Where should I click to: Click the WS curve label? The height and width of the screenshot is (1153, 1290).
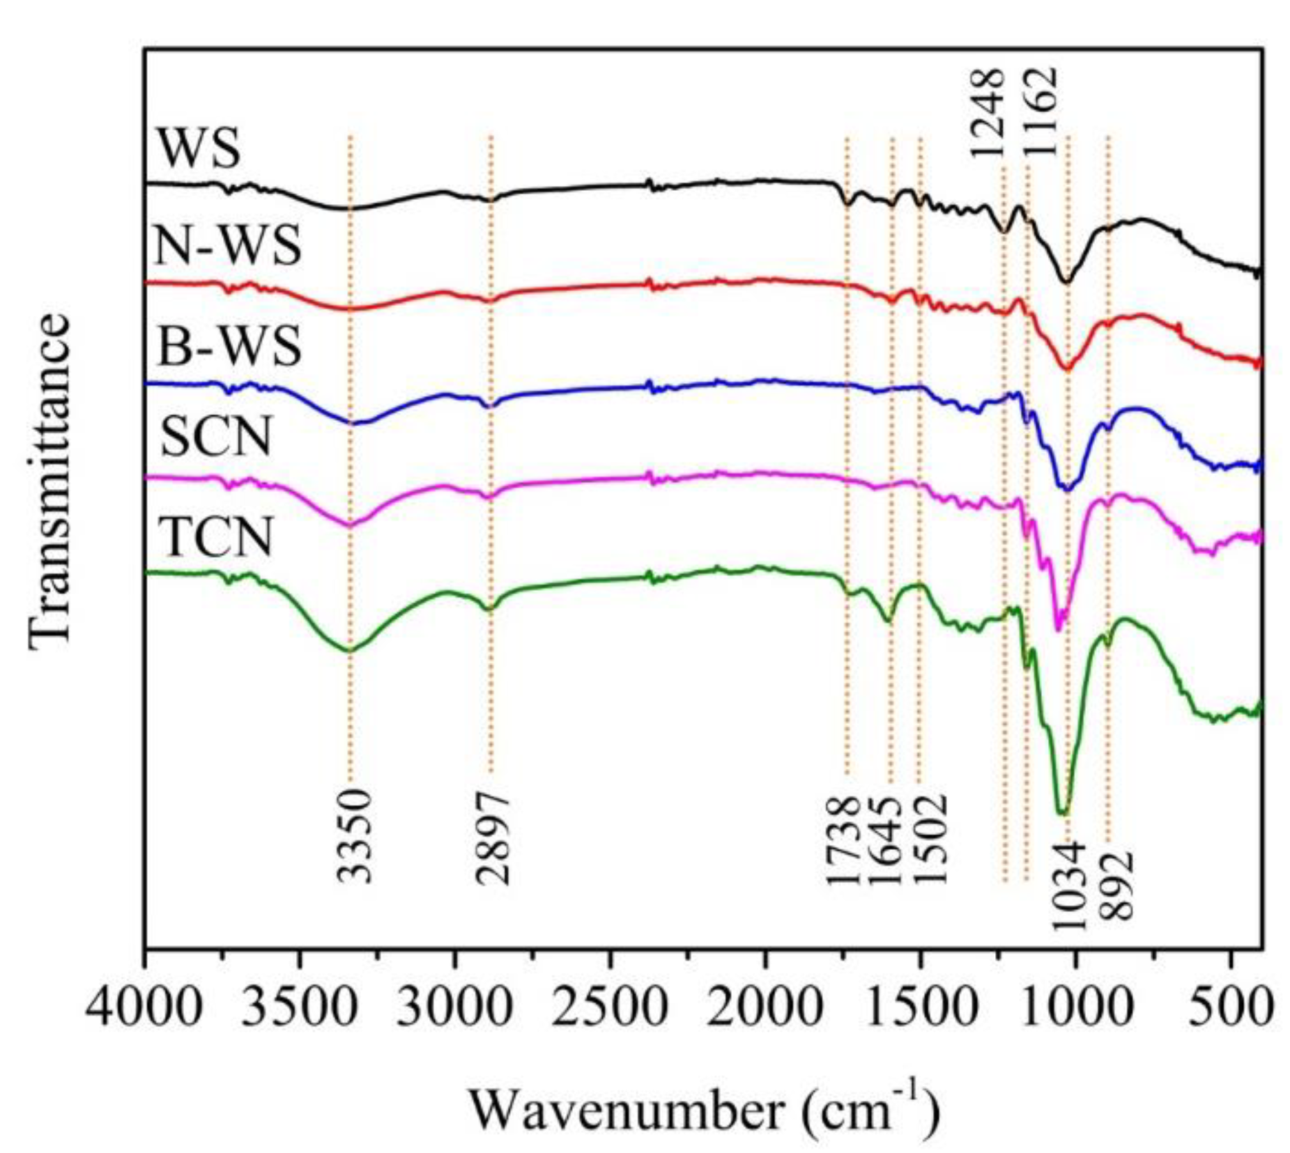(199, 148)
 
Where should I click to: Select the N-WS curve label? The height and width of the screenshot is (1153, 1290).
(227, 247)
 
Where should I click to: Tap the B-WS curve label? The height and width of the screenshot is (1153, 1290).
(229, 346)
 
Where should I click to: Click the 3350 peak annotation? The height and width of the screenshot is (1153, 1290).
(355, 836)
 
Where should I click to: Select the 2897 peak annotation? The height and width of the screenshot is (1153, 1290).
(493, 836)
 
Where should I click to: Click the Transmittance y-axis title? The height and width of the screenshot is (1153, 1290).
(50, 481)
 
